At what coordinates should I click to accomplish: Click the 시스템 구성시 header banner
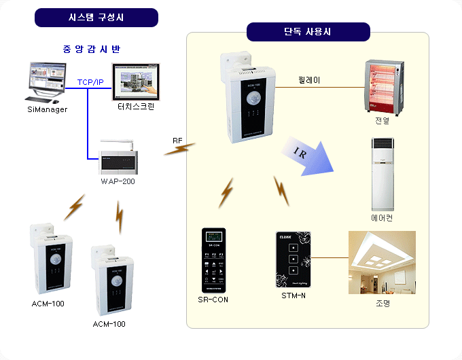96,17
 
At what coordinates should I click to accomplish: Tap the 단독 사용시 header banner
308,32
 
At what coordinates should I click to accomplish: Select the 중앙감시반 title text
91,49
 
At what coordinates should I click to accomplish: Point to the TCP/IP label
90,82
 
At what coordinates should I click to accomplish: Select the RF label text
177,141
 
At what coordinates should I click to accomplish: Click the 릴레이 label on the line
309,80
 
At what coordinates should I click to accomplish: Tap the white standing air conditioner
383,175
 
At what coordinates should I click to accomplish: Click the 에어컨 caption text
382,218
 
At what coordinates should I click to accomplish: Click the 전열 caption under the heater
382,120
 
